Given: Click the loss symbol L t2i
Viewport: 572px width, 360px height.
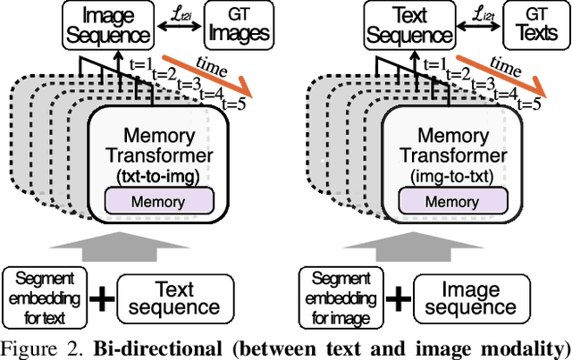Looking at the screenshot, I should point(181,15).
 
